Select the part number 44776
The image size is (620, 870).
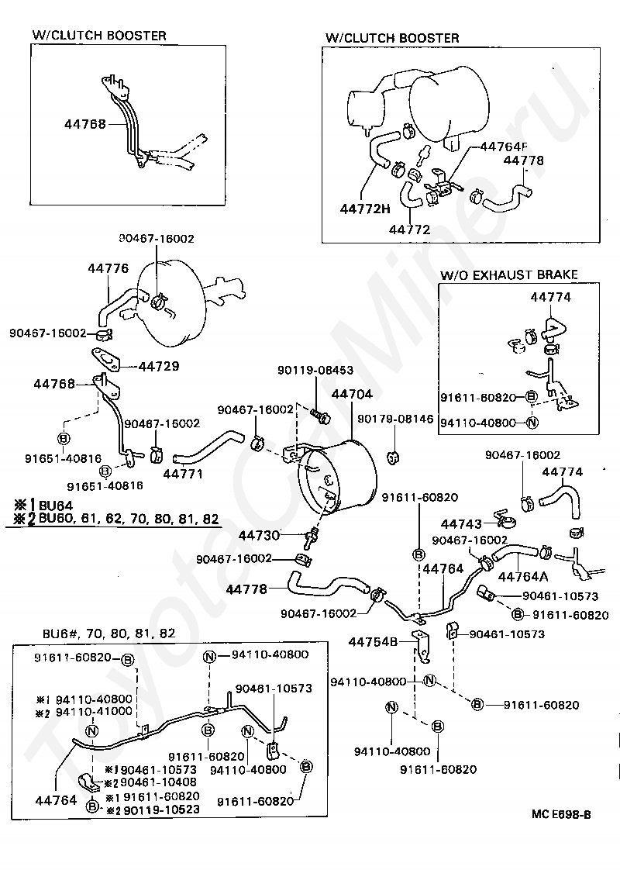click(108, 269)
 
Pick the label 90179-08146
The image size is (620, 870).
click(395, 419)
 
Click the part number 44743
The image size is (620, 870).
click(461, 523)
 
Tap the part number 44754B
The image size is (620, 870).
click(373, 641)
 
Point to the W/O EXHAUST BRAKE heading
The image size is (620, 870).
click(508, 274)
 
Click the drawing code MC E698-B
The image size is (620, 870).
click(561, 814)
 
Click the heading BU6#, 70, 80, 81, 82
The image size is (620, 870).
click(108, 633)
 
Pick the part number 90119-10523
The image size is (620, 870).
click(158, 809)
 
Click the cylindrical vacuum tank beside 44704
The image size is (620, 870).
click(341, 475)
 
